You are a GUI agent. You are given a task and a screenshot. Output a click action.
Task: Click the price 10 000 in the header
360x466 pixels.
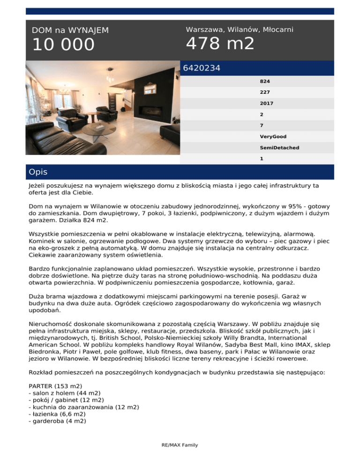click(x=63, y=45)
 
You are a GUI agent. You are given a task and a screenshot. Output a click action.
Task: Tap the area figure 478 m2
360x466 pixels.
click(x=220, y=44)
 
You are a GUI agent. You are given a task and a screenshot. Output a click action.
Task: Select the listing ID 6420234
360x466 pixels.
click(x=202, y=68)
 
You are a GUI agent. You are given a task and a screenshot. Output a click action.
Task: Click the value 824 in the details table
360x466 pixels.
click(x=265, y=81)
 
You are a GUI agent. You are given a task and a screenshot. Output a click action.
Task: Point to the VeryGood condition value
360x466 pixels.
click(x=272, y=136)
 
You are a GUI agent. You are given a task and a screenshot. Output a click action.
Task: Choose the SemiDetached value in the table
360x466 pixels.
click(x=279, y=148)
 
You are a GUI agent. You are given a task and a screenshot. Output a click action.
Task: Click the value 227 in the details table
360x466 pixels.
click(x=265, y=92)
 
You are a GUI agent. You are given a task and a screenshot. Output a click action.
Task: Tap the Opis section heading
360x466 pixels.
click(x=37, y=172)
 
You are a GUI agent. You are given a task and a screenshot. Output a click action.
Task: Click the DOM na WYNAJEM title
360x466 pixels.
click(x=70, y=30)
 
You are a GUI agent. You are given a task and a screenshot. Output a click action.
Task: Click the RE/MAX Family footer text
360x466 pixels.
click(x=180, y=445)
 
